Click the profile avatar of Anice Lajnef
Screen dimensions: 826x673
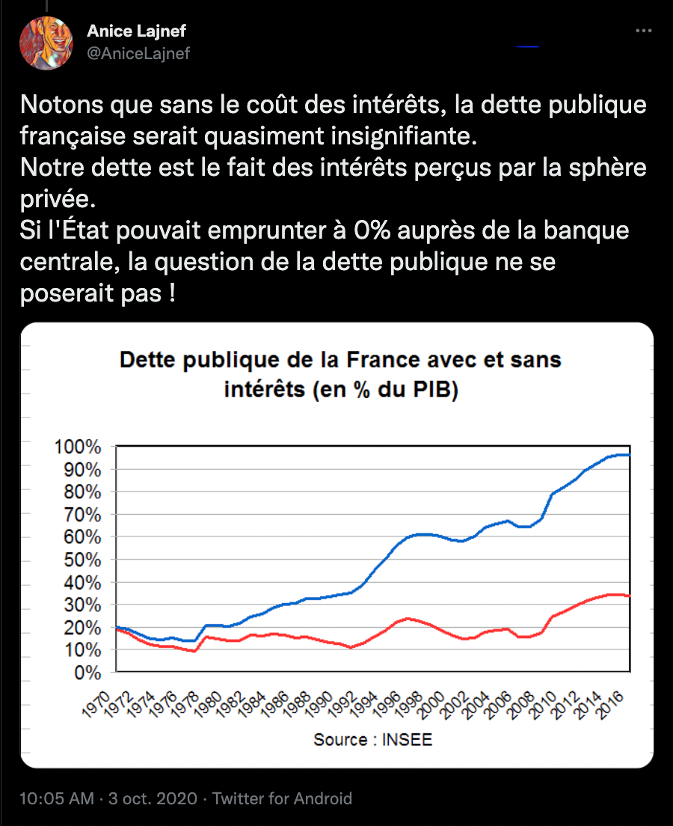46,42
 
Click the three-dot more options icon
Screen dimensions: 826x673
643,31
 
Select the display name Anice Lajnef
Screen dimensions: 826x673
137,31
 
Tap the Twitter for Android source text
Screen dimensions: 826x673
282,798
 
